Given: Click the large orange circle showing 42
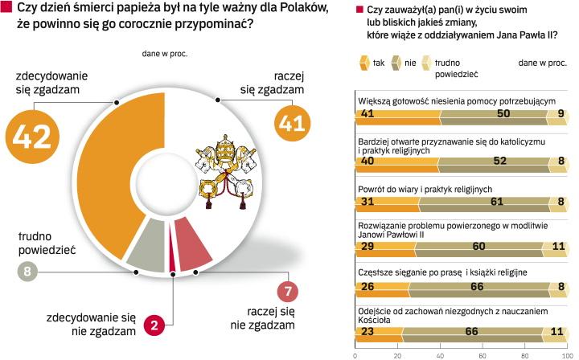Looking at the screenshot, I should pos(33,137).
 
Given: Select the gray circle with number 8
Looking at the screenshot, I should pos(29,272).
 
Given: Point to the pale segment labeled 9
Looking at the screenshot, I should pos(560,115).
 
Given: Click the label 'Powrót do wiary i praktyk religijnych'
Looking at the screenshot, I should pos(424,190).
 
